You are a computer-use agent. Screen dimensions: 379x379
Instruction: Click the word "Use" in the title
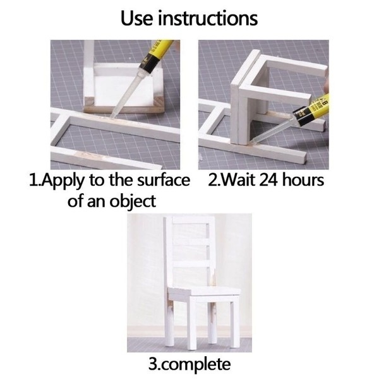(x=136, y=18)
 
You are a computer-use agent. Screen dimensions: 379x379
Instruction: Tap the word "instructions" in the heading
(x=208, y=18)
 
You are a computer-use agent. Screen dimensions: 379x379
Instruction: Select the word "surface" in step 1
(x=164, y=180)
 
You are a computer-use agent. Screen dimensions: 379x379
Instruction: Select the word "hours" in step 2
(x=303, y=180)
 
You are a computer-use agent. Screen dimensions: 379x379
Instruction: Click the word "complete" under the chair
(x=196, y=365)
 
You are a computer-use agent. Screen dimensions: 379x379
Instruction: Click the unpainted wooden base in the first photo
(x=124, y=107)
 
